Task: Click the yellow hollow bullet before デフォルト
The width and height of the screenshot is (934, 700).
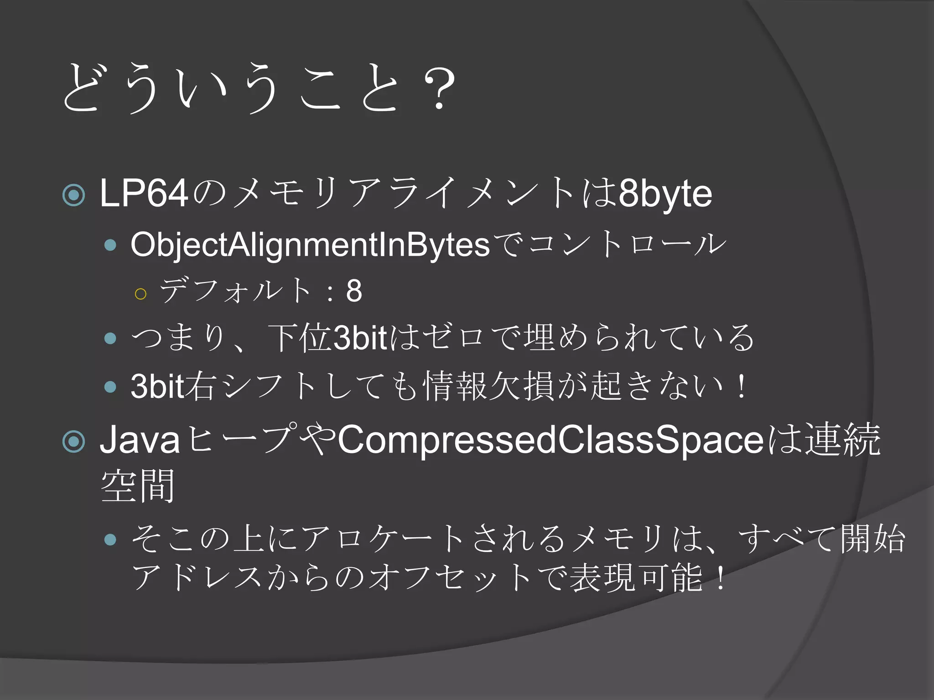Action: point(141,294)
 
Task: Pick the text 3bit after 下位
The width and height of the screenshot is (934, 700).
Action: point(360,338)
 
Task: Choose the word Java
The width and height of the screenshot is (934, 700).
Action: point(140,440)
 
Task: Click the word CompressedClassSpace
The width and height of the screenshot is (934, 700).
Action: point(550,440)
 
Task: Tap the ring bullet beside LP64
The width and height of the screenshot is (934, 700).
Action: point(74,195)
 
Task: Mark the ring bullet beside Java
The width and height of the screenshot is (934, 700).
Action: point(74,441)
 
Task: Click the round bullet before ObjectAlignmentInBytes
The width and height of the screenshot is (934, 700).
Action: point(110,246)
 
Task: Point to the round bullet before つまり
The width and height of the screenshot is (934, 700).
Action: point(110,338)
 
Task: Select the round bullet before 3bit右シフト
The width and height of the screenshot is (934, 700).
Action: point(110,387)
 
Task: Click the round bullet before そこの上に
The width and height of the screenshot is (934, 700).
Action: point(110,540)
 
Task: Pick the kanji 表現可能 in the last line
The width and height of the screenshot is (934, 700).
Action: point(636,578)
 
